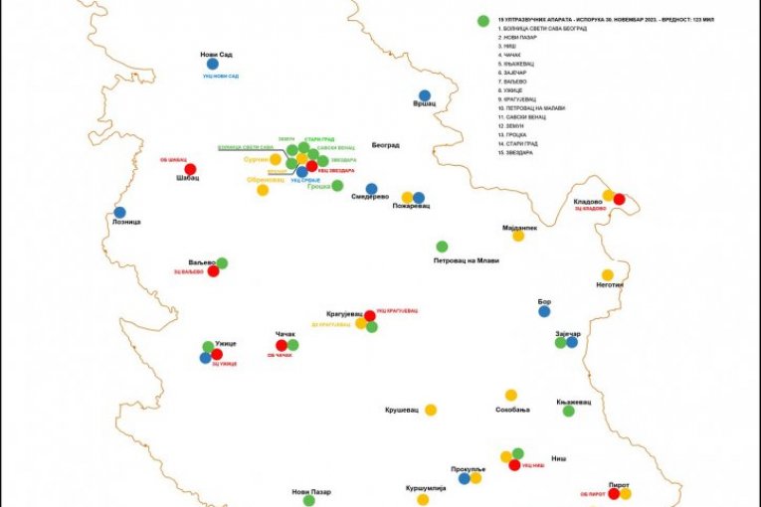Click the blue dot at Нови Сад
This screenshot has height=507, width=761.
[x=212, y=65]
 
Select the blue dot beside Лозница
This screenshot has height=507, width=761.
[x=119, y=212]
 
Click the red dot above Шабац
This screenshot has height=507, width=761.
[x=190, y=169]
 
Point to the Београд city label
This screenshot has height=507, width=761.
[x=385, y=145]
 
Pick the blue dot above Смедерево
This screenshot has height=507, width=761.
[x=371, y=189]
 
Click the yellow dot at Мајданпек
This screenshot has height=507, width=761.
[x=518, y=236]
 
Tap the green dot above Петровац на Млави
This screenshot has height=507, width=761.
[x=442, y=247]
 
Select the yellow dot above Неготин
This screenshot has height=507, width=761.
[x=607, y=275]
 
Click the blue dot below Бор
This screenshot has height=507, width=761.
[x=544, y=311]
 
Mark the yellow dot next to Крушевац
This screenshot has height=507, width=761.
[x=431, y=410]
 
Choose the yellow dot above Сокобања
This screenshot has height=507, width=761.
[x=511, y=395]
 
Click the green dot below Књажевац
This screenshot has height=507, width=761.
[x=568, y=411]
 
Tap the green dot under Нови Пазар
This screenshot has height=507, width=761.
[x=308, y=501]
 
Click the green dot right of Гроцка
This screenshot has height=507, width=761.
[x=337, y=185]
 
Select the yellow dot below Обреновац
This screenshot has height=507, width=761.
[x=263, y=190]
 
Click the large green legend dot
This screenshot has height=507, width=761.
[x=482, y=20]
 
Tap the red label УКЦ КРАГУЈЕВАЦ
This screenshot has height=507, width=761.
[x=394, y=311]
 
